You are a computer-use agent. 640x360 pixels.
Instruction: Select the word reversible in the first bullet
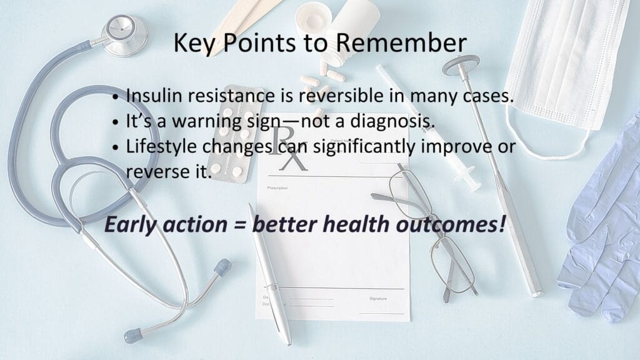341,96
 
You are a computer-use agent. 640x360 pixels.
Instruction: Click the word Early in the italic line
131,225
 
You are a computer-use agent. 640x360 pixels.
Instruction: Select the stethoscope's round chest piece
124,35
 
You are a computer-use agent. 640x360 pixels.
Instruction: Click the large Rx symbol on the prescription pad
287,147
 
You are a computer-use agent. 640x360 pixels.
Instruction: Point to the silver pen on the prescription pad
270,274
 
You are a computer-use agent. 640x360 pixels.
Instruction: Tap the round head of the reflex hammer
461,65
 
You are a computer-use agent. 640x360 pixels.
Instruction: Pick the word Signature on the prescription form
378,299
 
